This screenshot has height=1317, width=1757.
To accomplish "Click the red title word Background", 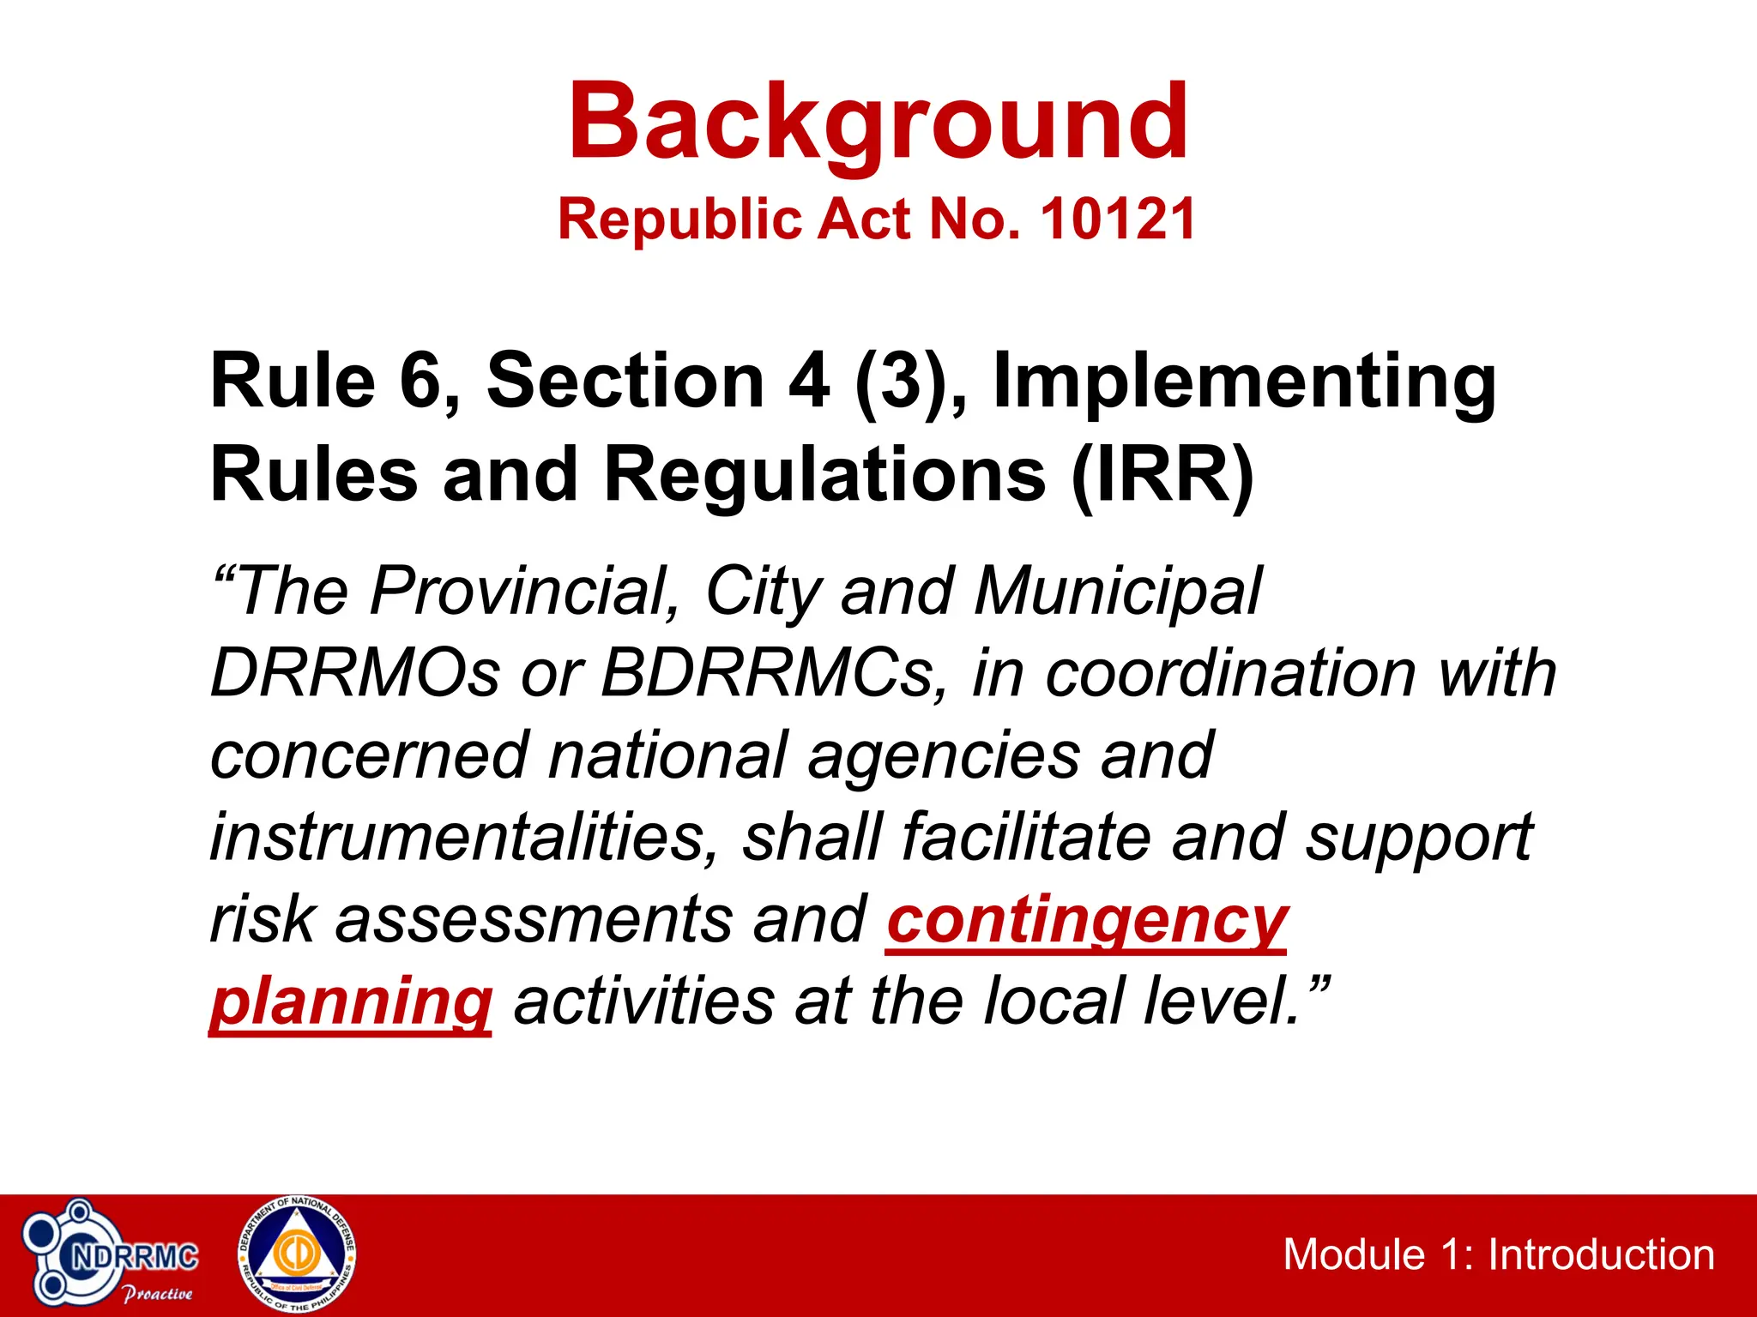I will [x=878, y=122].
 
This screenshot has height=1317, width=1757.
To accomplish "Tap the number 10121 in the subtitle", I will [x=1118, y=219].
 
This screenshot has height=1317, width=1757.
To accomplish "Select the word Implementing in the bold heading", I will [x=1244, y=382].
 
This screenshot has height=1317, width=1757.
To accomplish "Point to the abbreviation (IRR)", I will [x=1162, y=475].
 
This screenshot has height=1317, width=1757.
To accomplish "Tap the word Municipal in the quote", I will [x=1118, y=591].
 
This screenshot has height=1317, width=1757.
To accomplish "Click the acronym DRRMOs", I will [x=355, y=673].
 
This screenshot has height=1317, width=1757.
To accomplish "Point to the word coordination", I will [x=1230, y=673].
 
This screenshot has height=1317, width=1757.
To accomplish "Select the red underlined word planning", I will [x=351, y=1002].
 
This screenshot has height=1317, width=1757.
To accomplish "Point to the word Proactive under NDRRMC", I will [x=157, y=1294].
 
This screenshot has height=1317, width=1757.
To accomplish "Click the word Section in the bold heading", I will [x=625, y=382].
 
